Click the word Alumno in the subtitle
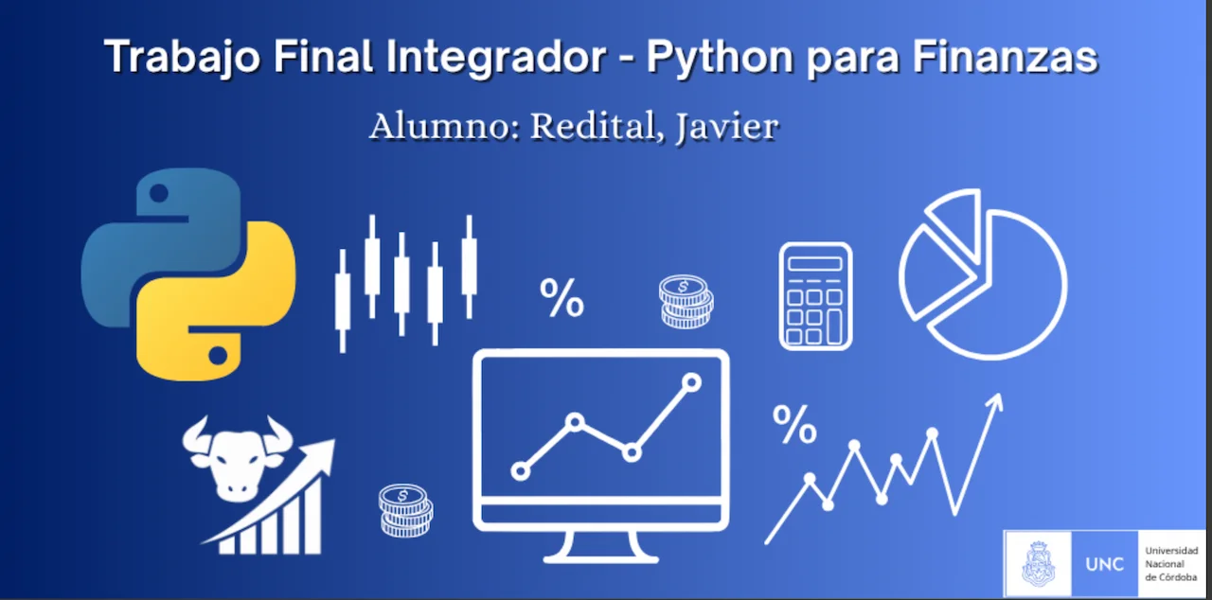441,127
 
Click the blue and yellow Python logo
188,274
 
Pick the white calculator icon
815,296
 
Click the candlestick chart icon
405,278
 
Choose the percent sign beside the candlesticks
561,298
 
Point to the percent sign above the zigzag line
794,425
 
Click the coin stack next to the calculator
686,302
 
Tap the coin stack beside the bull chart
405,510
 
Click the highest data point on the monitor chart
691,382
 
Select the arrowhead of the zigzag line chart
993,404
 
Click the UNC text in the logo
1104,565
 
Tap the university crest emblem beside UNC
1038,565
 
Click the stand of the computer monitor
600,546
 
